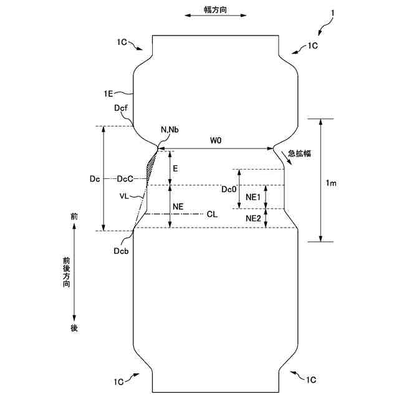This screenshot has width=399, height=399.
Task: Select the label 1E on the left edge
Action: point(110,94)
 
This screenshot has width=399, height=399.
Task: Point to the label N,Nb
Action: point(170,130)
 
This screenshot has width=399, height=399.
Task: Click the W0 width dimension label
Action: point(216,141)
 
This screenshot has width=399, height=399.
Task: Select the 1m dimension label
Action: point(332,183)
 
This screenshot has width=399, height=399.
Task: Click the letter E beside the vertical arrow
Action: point(176,169)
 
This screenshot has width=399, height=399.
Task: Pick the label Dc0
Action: point(229,188)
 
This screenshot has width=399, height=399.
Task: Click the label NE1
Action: point(253,197)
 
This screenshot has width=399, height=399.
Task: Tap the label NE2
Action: point(253,218)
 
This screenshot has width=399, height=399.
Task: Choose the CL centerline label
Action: point(212,214)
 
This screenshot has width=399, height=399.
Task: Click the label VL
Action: point(125,195)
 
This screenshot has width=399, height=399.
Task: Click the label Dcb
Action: point(122,251)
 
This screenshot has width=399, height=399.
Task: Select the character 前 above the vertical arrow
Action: point(74,216)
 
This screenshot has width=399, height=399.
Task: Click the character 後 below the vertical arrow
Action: point(74,328)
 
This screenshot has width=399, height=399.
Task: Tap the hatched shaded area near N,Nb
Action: point(151,165)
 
